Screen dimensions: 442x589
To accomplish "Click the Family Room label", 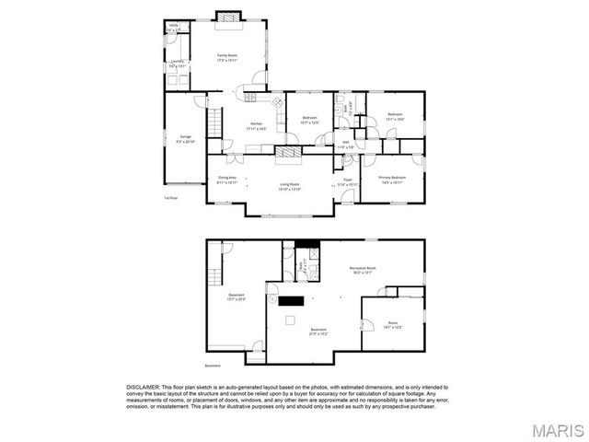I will pos(226,57).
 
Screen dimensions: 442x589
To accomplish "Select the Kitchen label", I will pos(257,126).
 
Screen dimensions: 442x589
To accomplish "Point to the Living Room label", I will pos(291,186).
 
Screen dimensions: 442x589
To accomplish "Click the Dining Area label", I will pos(226,180).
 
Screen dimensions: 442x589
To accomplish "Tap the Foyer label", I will pos(348,181).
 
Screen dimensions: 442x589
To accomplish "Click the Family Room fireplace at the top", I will pos(227,16).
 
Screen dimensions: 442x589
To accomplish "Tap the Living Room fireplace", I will pos(289,152).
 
